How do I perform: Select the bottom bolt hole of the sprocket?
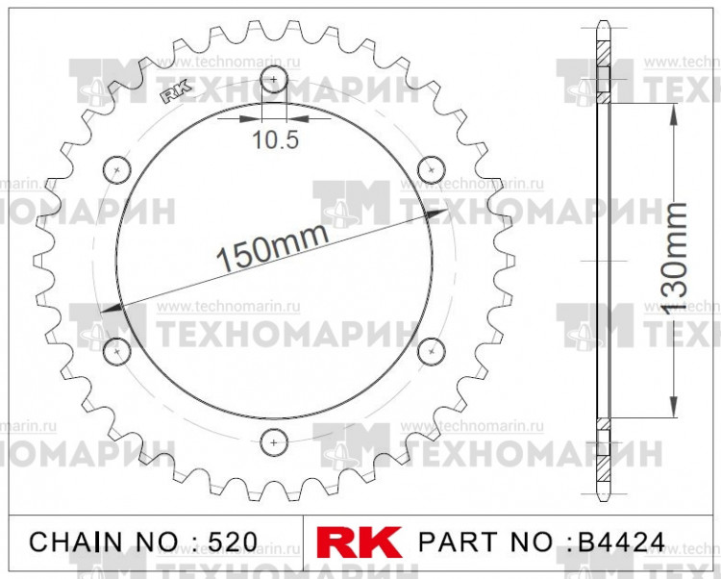click(x=275, y=441)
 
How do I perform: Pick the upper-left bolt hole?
click(x=117, y=169)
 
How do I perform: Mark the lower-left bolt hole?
click(x=117, y=350)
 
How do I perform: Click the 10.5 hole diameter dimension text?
click(x=276, y=140)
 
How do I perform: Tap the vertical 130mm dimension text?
click(x=677, y=260)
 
